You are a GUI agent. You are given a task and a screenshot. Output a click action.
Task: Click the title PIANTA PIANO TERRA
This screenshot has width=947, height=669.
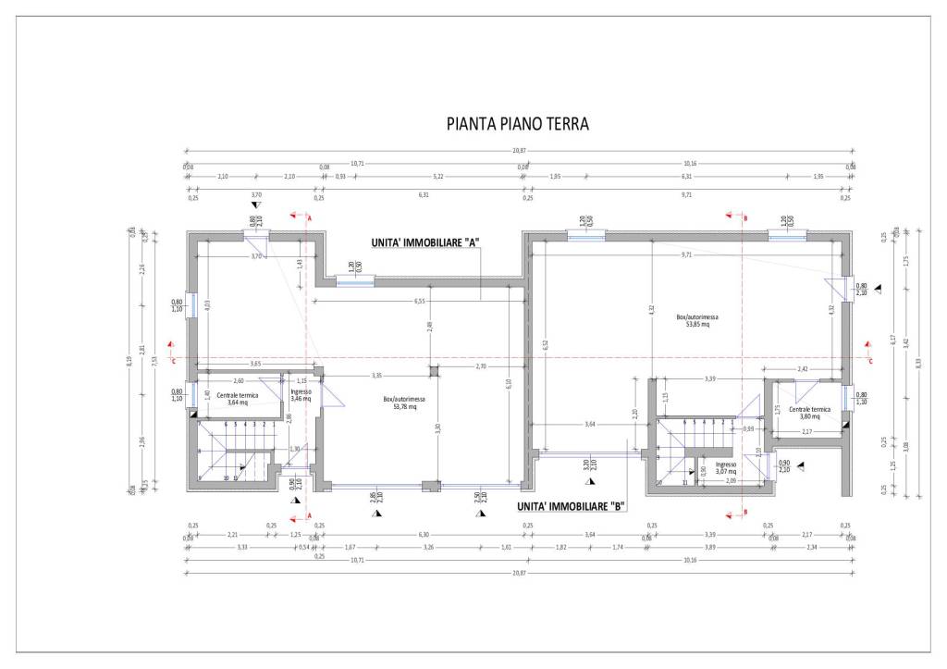[517, 124]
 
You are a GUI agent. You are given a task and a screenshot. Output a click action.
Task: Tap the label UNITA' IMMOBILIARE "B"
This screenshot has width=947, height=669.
[572, 506]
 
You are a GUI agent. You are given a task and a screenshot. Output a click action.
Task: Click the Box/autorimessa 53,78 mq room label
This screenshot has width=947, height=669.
[403, 403]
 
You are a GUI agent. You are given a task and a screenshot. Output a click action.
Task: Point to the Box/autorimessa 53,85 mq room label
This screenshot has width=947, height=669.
[697, 320]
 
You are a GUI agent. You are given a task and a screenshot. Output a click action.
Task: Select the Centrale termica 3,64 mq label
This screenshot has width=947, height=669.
[238, 399]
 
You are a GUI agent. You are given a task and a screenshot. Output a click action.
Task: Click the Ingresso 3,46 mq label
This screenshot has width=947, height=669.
[301, 394]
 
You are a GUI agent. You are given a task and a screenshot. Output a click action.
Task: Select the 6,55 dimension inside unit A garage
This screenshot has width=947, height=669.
[419, 301]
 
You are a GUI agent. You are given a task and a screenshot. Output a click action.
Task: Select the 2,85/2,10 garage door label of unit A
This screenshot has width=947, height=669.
[374, 498]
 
